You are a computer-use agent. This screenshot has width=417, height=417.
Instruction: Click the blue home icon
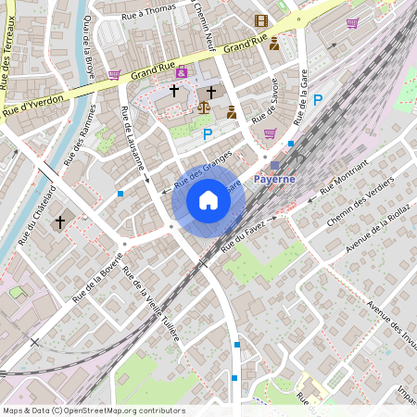click(x=208, y=200)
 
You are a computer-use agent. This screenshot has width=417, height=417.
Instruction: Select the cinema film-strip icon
click(x=260, y=20)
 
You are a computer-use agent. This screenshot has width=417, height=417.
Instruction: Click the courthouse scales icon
click(x=204, y=108)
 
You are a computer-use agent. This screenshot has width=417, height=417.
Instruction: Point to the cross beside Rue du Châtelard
click(x=60, y=222)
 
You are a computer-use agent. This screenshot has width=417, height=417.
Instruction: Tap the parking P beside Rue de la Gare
click(x=318, y=100)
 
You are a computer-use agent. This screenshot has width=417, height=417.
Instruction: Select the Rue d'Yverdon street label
click(x=35, y=103)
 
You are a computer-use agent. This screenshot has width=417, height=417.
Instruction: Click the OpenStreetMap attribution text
click(x=94, y=411)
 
